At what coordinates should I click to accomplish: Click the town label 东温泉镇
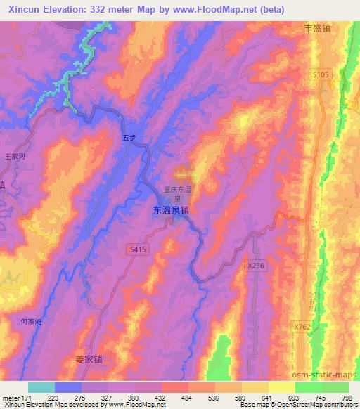(x=172, y=210)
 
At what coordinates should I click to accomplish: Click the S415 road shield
(x=137, y=249)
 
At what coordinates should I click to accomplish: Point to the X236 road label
(x=257, y=265)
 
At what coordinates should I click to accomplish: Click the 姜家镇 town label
(x=89, y=359)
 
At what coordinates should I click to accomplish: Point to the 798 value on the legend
(x=347, y=398)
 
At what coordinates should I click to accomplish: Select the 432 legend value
(x=161, y=398)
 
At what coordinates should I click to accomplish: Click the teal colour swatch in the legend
(x=41, y=387)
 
